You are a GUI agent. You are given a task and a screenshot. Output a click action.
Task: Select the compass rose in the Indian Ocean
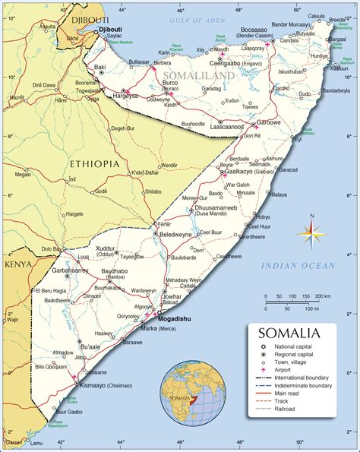311,231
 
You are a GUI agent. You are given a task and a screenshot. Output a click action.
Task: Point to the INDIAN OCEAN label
297,265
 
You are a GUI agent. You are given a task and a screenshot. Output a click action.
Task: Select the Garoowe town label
270,122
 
